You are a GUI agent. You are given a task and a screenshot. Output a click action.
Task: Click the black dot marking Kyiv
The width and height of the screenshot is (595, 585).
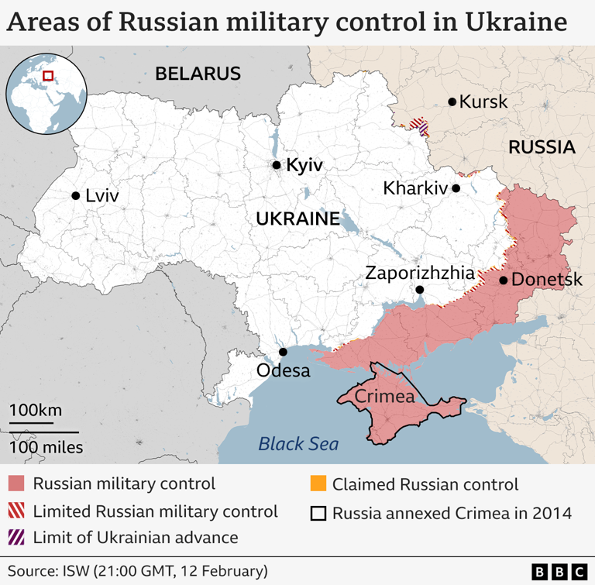click(276, 165)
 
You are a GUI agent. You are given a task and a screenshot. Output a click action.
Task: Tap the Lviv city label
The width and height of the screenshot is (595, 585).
click(102, 196)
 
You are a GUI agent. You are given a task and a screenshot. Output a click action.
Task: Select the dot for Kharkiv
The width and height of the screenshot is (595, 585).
click(456, 188)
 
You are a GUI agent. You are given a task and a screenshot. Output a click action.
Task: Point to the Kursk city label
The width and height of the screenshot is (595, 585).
click(483, 102)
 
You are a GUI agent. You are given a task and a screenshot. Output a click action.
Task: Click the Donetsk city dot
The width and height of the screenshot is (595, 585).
click(504, 280)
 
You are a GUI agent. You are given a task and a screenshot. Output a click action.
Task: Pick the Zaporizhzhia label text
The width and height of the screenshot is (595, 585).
click(419, 273)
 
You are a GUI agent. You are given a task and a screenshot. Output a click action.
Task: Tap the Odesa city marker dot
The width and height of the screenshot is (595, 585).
click(284, 352)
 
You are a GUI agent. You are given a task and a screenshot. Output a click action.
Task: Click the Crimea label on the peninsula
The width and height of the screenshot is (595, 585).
click(383, 396)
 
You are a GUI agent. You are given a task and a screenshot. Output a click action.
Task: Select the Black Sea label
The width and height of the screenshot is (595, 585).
click(298, 444)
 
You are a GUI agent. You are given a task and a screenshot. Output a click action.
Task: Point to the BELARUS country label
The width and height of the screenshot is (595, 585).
click(198, 74)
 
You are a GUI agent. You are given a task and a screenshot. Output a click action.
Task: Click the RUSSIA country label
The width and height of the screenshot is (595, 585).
click(542, 147)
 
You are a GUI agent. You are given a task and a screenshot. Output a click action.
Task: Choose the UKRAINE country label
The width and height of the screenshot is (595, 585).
click(298, 219)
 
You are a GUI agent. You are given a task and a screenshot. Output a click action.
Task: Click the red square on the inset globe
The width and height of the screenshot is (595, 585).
click(48, 75)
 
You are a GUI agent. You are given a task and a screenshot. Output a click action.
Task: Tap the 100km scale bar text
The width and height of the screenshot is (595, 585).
click(36, 411)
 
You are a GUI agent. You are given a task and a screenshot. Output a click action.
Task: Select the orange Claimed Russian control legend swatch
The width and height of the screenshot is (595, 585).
click(317, 485)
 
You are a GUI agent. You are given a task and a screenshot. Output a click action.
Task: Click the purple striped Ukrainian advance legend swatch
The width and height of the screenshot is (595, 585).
click(16, 537)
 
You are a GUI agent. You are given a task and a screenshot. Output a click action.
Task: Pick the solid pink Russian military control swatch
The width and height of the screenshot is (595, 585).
click(16, 485)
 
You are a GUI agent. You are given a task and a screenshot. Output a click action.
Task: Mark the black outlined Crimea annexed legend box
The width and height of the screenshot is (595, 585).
click(317, 513)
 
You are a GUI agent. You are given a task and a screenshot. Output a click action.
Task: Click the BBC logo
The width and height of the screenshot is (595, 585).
click(559, 571)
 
